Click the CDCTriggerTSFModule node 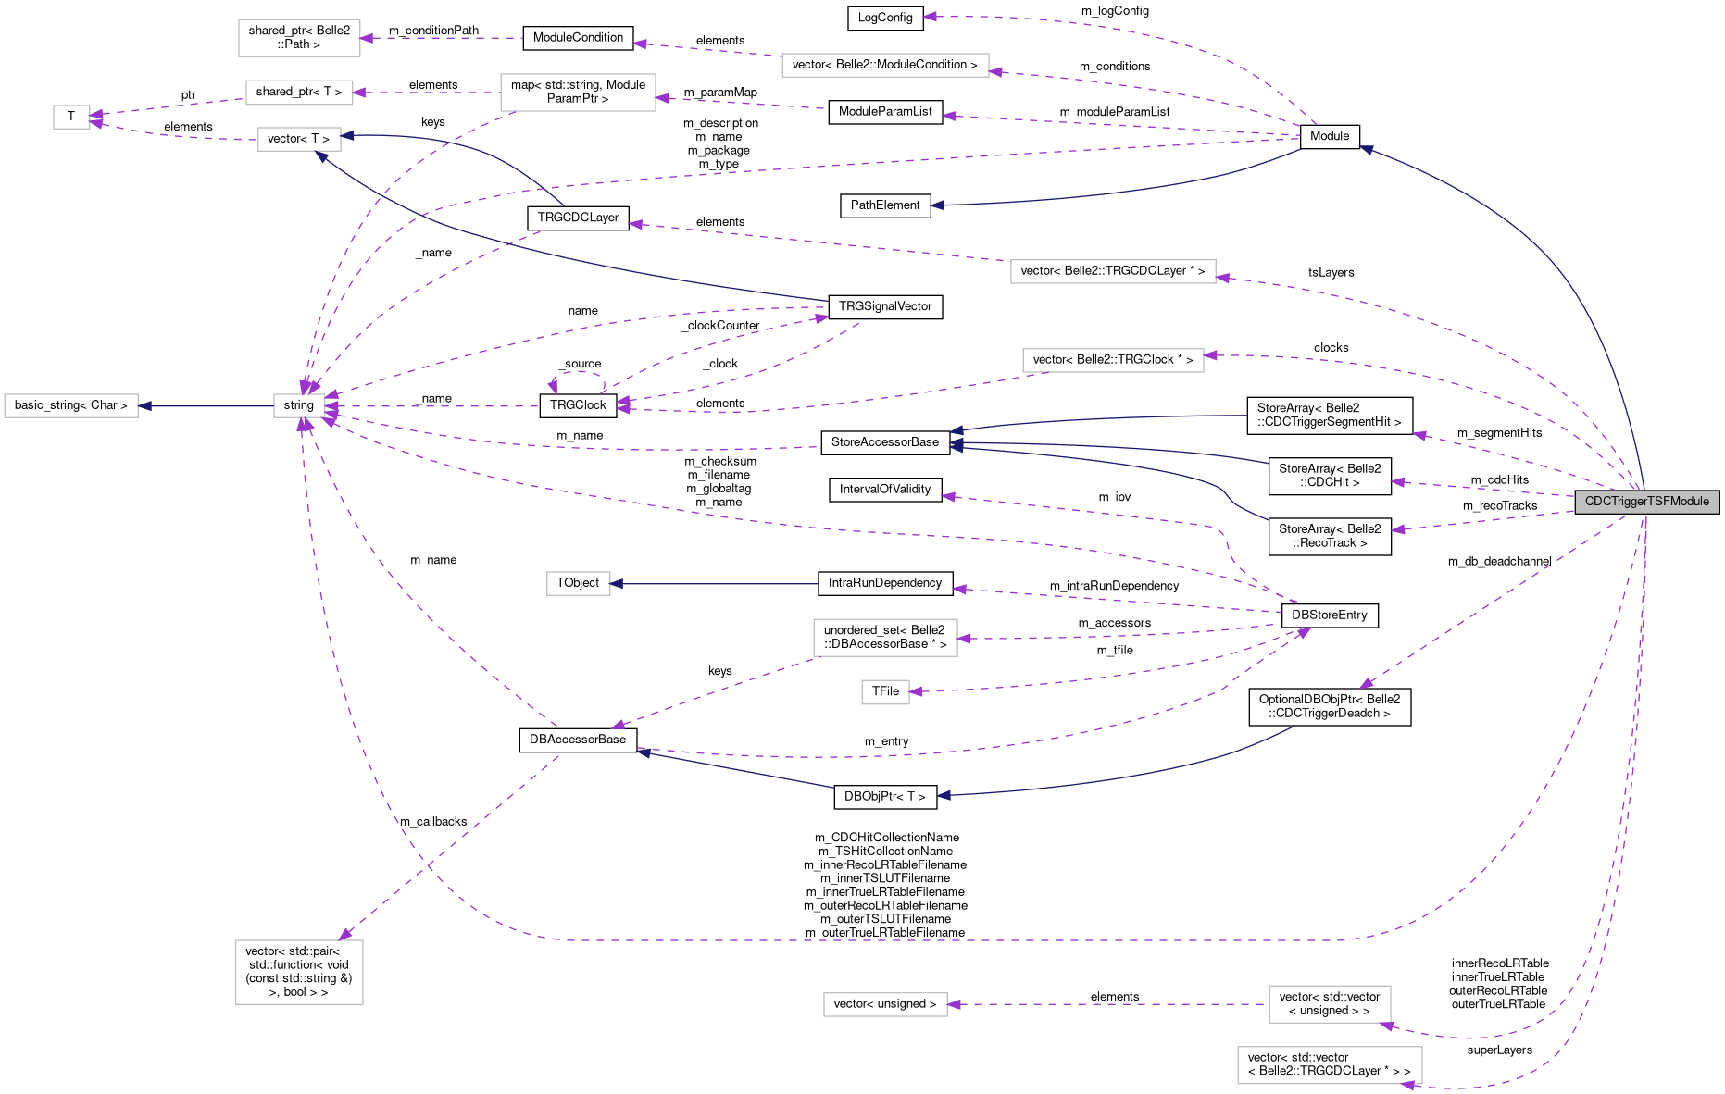click(1646, 502)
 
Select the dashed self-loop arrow click(577, 373)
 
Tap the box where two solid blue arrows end click(299, 140)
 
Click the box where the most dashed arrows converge click(299, 406)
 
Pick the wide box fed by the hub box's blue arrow click(71, 406)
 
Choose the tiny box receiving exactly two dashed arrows click(71, 118)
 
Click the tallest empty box click(299, 972)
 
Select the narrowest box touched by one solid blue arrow click(578, 584)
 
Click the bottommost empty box click(1330, 1065)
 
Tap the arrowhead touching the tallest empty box click(345, 936)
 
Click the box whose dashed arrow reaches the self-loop click(1113, 361)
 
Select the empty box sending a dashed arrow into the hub click(577, 93)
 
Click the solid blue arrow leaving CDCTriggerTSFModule click(1574, 278)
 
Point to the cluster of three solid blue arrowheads click(956, 440)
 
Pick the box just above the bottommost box click(1330, 1004)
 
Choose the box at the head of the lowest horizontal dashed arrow click(885, 1004)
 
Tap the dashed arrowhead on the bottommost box click(1409, 1085)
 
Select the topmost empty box click(299, 38)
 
